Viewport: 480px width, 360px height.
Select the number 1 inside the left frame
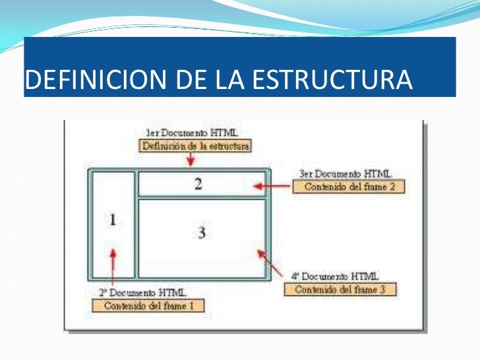[x=112, y=220]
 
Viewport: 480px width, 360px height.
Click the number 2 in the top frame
[x=198, y=184]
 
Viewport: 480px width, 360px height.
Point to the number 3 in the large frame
[x=202, y=232]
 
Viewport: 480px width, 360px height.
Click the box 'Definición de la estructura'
[x=196, y=146]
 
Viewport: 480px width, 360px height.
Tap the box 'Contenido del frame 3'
[x=340, y=289]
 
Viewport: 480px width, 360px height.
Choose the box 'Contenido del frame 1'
[x=148, y=305]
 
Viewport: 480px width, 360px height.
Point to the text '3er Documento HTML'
[x=344, y=174]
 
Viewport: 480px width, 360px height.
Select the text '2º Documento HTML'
[x=142, y=292]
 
